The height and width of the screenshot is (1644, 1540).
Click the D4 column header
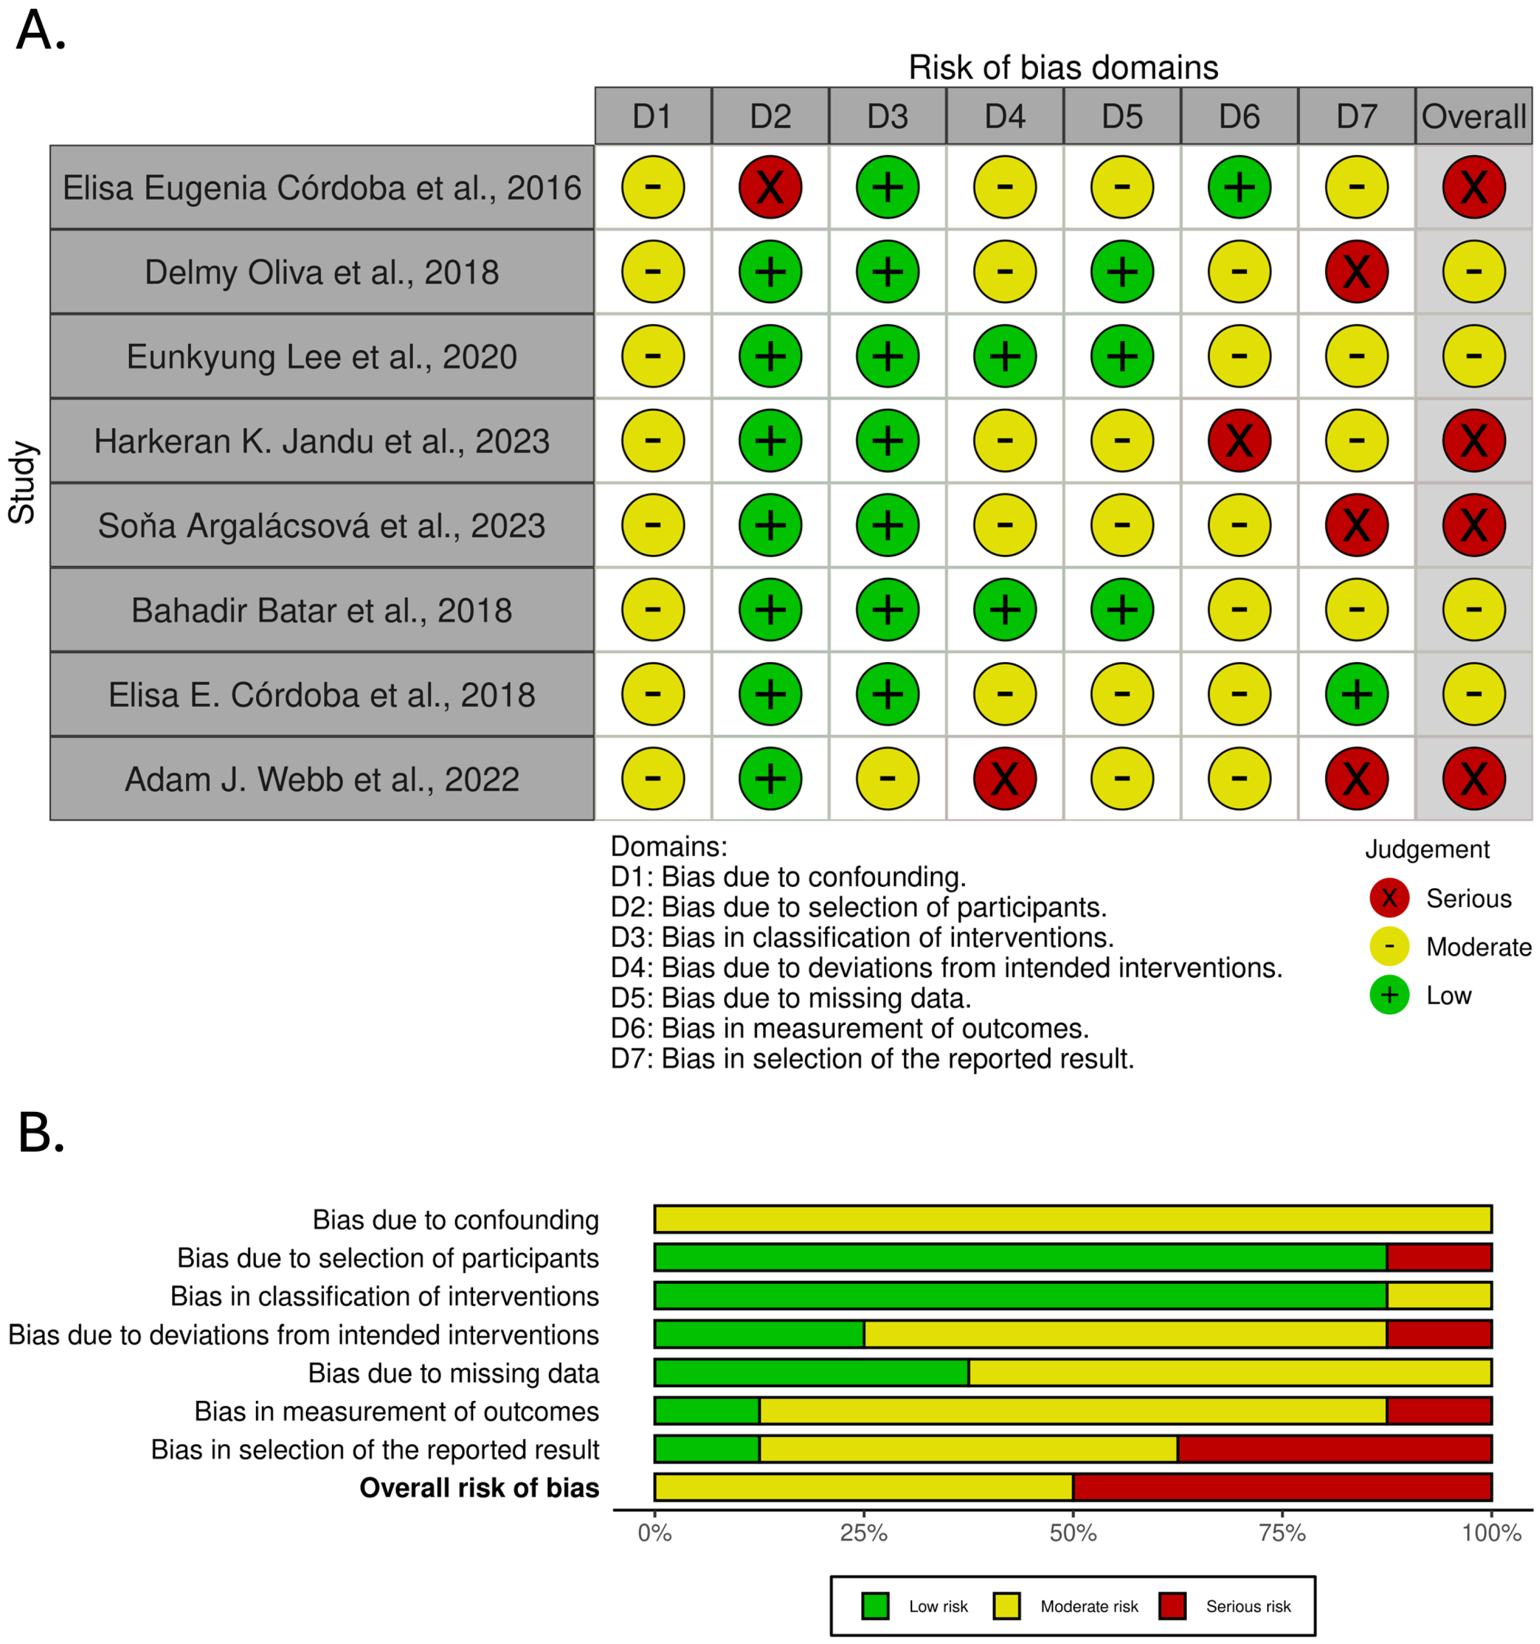(1004, 116)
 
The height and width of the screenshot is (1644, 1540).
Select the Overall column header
(1473, 116)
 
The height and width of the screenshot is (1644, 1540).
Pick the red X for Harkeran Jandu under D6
(1239, 441)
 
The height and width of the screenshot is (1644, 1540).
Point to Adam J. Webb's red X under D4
(1004, 778)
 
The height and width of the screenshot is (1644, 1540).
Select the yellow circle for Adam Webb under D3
(887, 778)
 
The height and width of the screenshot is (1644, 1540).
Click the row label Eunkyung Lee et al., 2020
(322, 357)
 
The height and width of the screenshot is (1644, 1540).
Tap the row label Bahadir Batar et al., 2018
(322, 610)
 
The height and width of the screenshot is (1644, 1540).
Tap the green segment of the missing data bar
(810, 1373)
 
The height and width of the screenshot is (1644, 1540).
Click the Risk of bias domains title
(1063, 68)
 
